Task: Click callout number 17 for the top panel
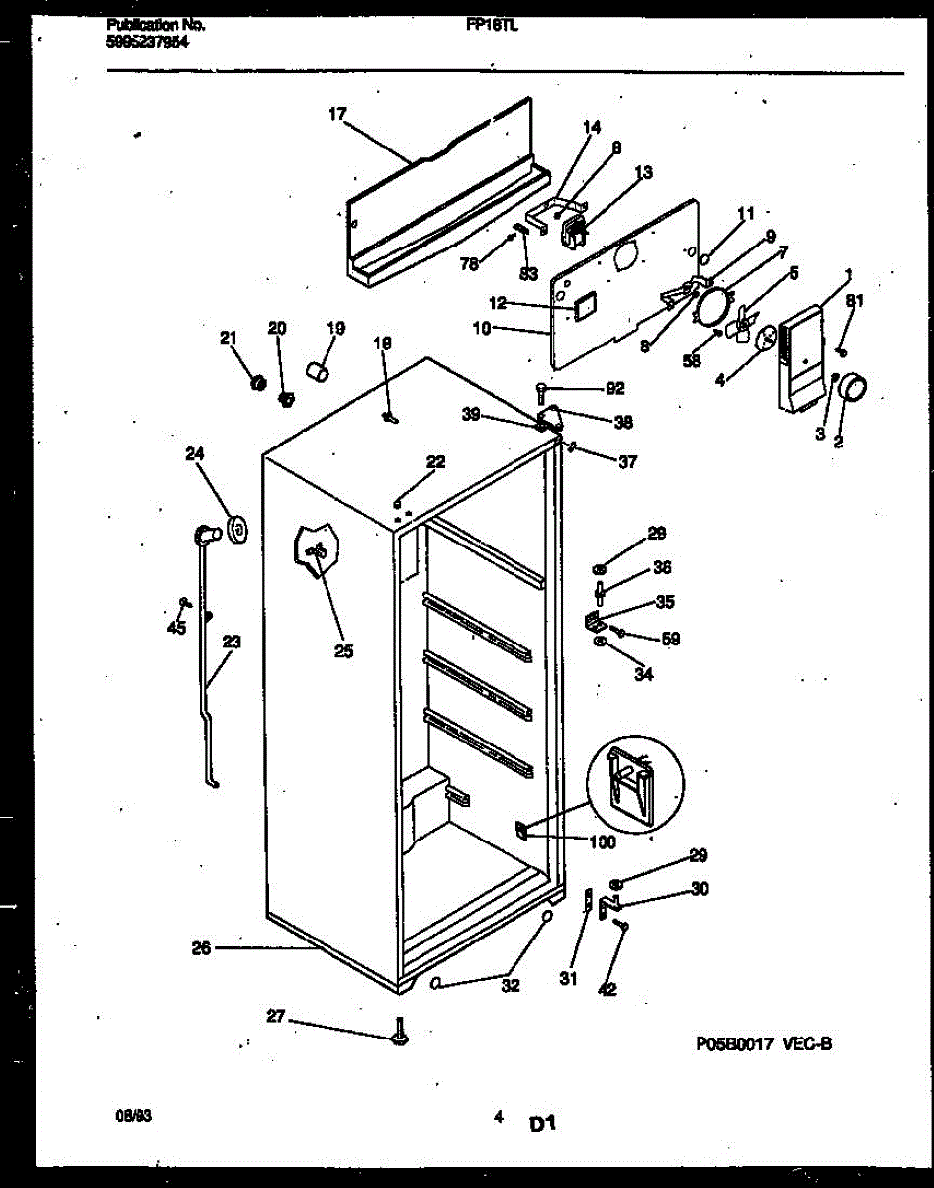pyautogui.click(x=337, y=114)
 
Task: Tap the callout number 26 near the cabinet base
pyautogui.click(x=201, y=948)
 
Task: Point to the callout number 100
pyautogui.click(x=602, y=843)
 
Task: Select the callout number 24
pyautogui.click(x=194, y=454)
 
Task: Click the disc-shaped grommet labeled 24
pyautogui.click(x=236, y=531)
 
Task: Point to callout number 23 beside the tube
pyautogui.click(x=231, y=642)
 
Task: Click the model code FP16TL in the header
pyautogui.click(x=493, y=27)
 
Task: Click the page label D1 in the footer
pyautogui.click(x=543, y=1124)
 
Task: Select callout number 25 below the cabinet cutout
pyautogui.click(x=343, y=651)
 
